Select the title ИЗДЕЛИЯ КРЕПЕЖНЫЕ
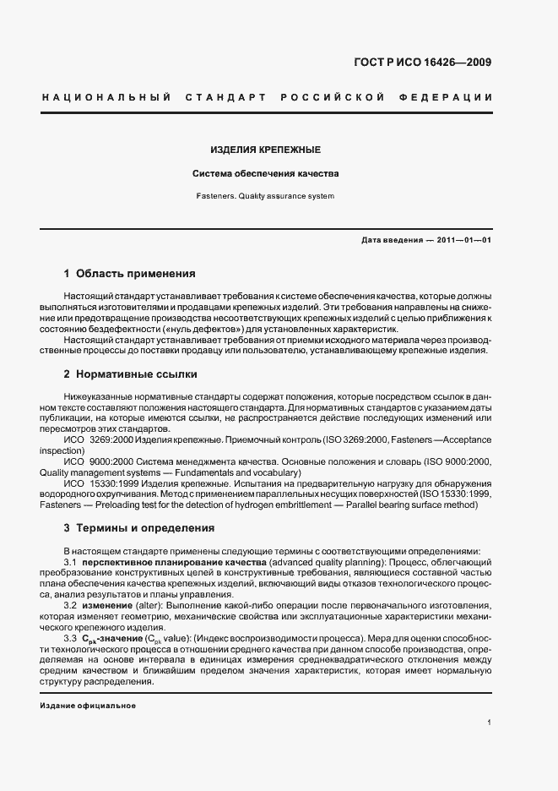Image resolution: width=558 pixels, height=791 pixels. click(265, 150)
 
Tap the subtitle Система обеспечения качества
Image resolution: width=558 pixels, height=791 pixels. click(265, 173)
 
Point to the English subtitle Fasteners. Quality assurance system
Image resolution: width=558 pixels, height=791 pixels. click(265, 196)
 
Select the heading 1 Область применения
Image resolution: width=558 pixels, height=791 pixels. click(130, 274)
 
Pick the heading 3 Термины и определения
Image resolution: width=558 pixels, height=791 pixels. click(139, 528)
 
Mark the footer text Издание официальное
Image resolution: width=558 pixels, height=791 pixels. click(88, 706)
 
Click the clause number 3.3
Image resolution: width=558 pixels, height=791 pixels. click(71, 639)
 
